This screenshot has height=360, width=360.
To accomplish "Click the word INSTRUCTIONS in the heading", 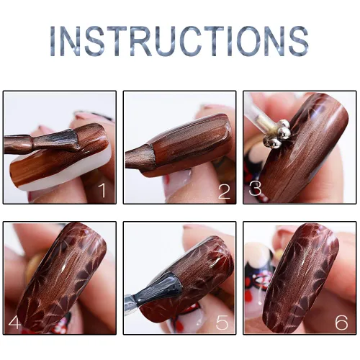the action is (x=179, y=41).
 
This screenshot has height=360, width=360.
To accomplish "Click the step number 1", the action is (x=102, y=190).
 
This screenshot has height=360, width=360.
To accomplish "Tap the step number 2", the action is (x=225, y=192).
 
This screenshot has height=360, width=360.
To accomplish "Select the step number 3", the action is (x=255, y=188).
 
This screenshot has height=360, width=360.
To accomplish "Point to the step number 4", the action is (x=14, y=323).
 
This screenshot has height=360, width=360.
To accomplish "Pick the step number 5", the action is (x=222, y=323).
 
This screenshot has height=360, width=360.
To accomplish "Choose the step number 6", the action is (x=341, y=323).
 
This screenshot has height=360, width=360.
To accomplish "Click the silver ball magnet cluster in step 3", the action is (x=277, y=134).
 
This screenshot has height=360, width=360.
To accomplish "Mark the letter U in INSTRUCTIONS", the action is (x=158, y=41).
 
